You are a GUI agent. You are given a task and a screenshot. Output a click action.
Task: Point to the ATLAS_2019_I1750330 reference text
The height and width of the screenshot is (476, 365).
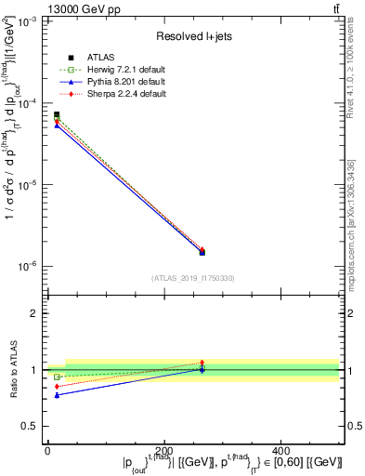coord(192,278)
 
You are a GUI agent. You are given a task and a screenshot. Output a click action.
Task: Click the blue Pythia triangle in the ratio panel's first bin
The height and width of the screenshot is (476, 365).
coord(57,395)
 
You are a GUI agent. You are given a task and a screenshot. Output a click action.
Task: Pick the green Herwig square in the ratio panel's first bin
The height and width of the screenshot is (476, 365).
coord(57,377)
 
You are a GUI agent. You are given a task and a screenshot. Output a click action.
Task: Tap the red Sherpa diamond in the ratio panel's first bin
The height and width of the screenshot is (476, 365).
coord(57,386)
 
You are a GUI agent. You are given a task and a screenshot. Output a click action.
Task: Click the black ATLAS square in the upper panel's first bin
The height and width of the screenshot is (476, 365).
coord(57,115)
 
